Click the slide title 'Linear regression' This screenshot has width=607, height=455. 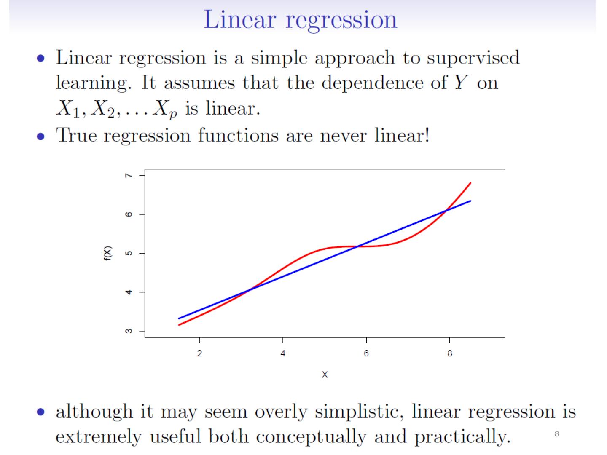(x=300, y=19)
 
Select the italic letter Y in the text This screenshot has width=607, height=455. (x=462, y=83)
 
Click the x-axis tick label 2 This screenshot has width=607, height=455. (x=200, y=353)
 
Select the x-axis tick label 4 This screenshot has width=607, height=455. (x=283, y=353)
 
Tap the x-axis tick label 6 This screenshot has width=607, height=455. (x=366, y=353)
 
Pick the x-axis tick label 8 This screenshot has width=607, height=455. (x=449, y=353)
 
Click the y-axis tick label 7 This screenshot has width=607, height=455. (x=129, y=175)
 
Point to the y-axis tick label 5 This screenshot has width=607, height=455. (x=129, y=253)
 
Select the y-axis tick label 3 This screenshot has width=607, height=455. (x=129, y=331)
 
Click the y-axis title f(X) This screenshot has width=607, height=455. (x=108, y=253)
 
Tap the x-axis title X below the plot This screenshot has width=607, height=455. (x=325, y=375)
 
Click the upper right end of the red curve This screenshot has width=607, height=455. (x=470, y=183)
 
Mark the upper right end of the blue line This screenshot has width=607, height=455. (x=470, y=201)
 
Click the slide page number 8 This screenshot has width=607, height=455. (x=557, y=434)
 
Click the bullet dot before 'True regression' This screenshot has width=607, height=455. (x=40, y=136)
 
